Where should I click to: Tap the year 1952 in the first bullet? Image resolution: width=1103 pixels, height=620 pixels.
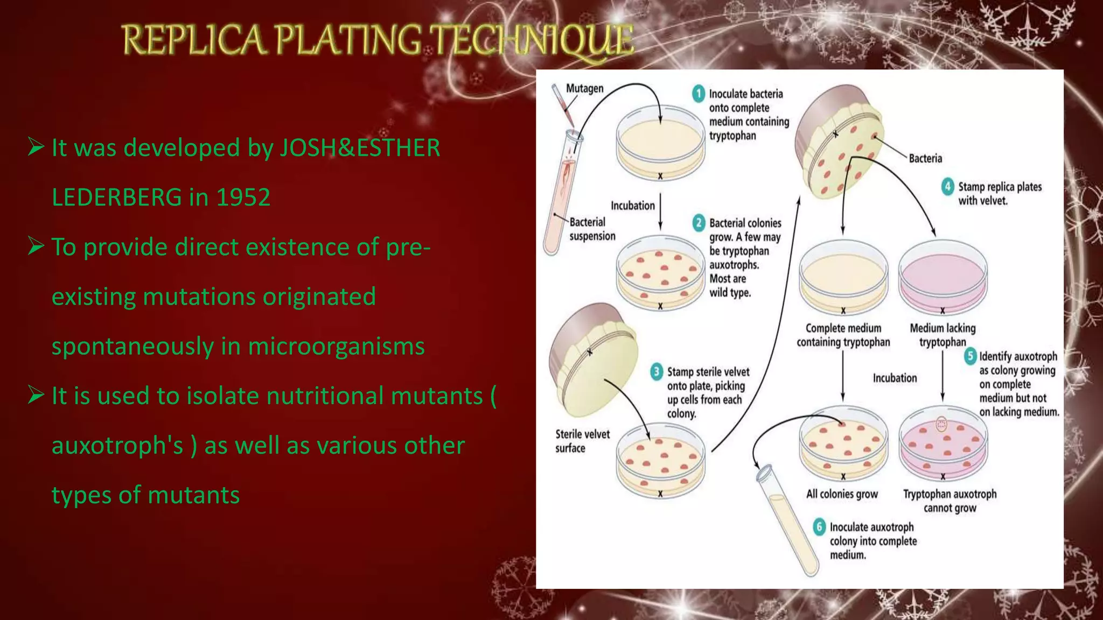(243, 198)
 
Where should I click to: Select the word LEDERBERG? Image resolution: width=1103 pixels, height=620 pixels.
(116, 198)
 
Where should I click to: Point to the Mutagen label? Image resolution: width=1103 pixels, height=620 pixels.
(584, 88)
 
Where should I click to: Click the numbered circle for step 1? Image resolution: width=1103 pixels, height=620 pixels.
(699, 94)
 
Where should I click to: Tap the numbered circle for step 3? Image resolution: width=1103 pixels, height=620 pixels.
(656, 371)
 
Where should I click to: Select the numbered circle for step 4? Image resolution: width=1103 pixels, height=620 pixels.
(947, 187)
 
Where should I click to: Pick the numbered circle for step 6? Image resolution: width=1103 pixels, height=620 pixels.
(819, 526)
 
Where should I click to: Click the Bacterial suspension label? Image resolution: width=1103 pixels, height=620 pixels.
(591, 229)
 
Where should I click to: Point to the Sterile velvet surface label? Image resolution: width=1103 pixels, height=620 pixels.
(582, 441)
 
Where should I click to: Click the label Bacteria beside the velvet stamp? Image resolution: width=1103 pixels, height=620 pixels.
(925, 158)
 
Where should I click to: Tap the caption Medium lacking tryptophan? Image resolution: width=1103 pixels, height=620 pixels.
(943, 335)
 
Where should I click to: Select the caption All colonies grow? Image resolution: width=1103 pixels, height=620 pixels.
(842, 494)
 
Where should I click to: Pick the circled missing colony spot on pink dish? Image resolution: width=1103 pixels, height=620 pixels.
(941, 425)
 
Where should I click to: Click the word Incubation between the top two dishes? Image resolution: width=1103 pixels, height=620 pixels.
(632, 206)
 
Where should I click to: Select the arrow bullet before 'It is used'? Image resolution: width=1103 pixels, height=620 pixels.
(36, 396)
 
